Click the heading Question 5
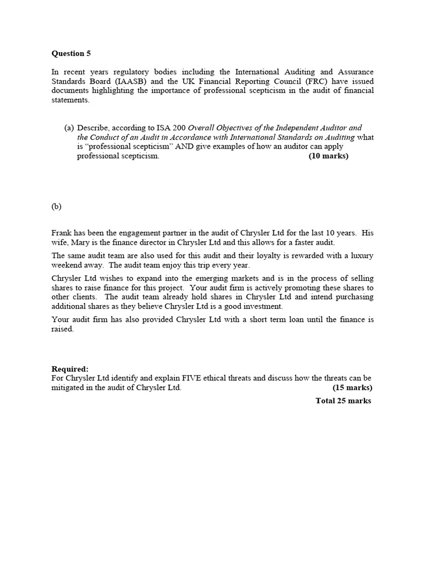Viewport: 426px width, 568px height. point(71,54)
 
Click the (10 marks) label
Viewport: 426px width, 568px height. point(328,156)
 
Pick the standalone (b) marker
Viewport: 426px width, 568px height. point(57,206)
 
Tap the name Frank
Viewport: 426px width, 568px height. point(62,234)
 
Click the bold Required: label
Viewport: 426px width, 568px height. point(70,369)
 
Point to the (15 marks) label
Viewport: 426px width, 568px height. point(352,388)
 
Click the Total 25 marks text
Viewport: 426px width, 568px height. point(343,400)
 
